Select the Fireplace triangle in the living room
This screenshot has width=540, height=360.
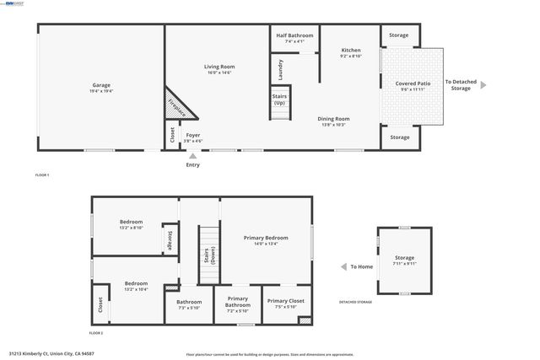pos(178,105)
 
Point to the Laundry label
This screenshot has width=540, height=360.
pos(280,68)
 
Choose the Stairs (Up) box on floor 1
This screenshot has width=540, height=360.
pos(279,99)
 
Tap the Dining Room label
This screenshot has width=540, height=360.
pos(333,121)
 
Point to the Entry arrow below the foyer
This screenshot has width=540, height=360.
pos(193,156)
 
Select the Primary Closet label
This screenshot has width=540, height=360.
pos(285,303)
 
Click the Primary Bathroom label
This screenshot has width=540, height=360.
pos(238,304)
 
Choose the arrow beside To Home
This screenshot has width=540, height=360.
pos(343,266)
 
